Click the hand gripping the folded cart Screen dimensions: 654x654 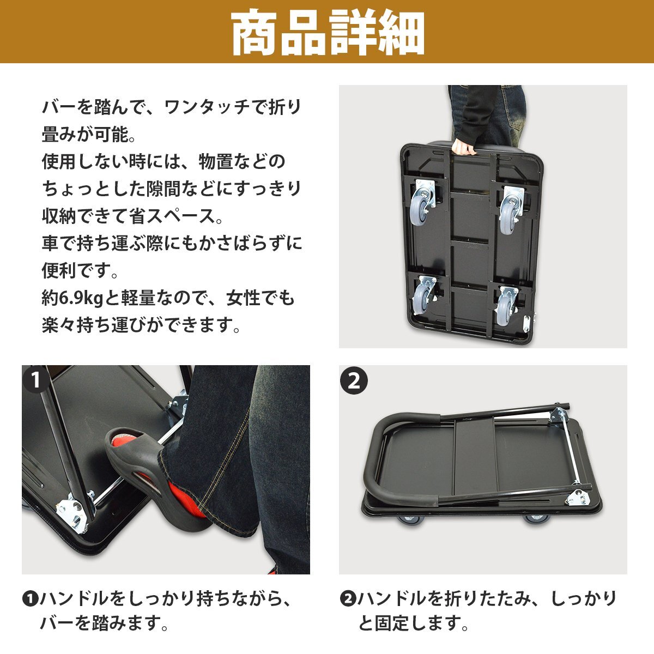tap(464, 147)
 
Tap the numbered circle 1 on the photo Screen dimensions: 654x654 tap(35, 380)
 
